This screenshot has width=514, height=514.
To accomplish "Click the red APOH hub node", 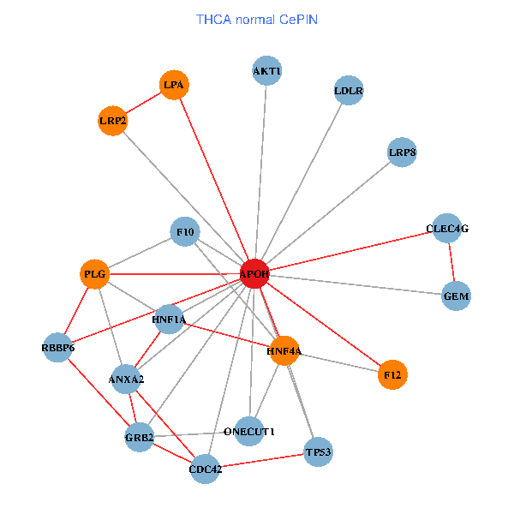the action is [255, 274].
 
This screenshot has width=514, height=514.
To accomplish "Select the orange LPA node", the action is [174, 85].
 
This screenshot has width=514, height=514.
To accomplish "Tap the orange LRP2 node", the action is [113, 121].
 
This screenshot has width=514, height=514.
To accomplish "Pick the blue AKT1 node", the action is [267, 70].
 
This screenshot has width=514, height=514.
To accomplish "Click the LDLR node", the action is [349, 90].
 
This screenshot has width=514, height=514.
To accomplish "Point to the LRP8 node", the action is [402, 153].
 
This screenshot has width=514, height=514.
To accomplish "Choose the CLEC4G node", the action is [447, 229].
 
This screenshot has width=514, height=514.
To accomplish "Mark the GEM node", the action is [457, 296].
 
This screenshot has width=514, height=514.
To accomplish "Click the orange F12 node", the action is [392, 374].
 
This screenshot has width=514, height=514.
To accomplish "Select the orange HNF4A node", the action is [284, 350].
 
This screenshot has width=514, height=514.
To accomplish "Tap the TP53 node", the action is [319, 451].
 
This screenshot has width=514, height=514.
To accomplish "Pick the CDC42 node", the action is [205, 469].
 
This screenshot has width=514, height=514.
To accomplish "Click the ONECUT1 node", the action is [249, 431].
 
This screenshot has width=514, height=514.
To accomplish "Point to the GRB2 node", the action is [139, 439].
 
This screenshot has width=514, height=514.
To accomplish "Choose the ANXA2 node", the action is [126, 379].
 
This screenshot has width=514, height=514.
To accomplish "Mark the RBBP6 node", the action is [57, 347].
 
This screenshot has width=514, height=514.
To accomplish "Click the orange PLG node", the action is [95, 274].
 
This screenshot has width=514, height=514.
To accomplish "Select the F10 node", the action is [185, 231].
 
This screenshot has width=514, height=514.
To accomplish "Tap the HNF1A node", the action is [169, 320].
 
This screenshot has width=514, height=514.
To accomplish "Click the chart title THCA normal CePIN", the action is [257, 20].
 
